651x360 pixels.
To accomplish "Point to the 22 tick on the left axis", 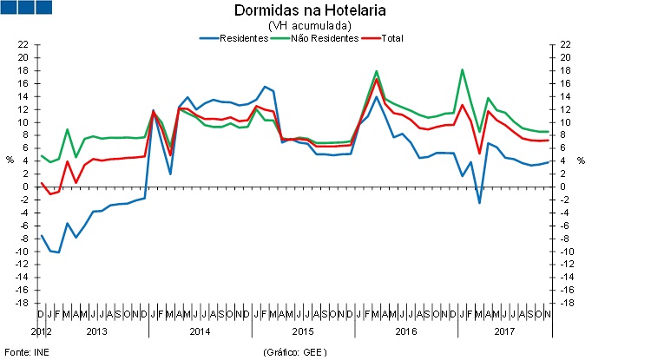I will pyautogui.click(x=23, y=44).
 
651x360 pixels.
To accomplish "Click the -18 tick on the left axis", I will pyautogui.click(x=22, y=303).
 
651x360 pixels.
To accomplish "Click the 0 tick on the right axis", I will pyautogui.click(x=564, y=187).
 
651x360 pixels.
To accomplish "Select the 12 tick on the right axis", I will pyautogui.click(x=567, y=109).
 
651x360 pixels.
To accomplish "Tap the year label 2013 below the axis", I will pyautogui.click(x=95, y=331).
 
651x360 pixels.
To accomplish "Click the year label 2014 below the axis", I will pyautogui.click(x=199, y=331).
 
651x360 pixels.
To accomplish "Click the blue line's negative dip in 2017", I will pyautogui.click(x=479, y=203).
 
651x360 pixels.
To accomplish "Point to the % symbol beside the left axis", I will pyautogui.click(x=10, y=160).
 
